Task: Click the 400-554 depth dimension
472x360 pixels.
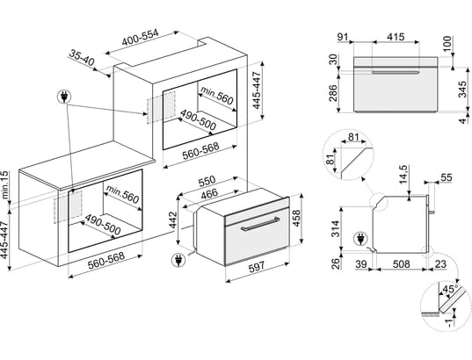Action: pyautogui.click(x=140, y=38)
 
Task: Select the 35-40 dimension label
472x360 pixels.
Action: pyautogui.click(x=82, y=58)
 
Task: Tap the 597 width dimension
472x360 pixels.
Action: pyautogui.click(x=257, y=266)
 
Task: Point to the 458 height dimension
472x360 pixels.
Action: pyautogui.click(x=296, y=218)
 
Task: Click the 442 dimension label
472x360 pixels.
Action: pyautogui.click(x=173, y=220)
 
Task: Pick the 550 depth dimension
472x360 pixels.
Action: pyautogui.click(x=207, y=181)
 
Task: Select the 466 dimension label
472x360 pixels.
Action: pyautogui.click(x=209, y=194)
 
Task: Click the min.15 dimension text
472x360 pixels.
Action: pyautogui.click(x=5, y=185)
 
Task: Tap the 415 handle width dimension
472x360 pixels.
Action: pyautogui.click(x=396, y=37)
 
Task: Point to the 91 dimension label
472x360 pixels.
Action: pyautogui.click(x=343, y=37)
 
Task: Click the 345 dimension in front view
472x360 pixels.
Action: pyautogui.click(x=462, y=89)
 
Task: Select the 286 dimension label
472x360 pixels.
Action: pyautogui.click(x=332, y=93)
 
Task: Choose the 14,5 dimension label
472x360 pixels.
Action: pyautogui.click(x=403, y=175)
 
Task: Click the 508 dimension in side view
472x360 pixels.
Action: pyautogui.click(x=402, y=264)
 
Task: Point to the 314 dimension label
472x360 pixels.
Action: pyautogui.click(x=335, y=229)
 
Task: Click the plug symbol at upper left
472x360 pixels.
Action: pyautogui.click(x=64, y=97)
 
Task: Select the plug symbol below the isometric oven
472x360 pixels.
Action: pyautogui.click(x=178, y=260)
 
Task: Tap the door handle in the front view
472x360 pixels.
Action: pyautogui.click(x=396, y=73)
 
